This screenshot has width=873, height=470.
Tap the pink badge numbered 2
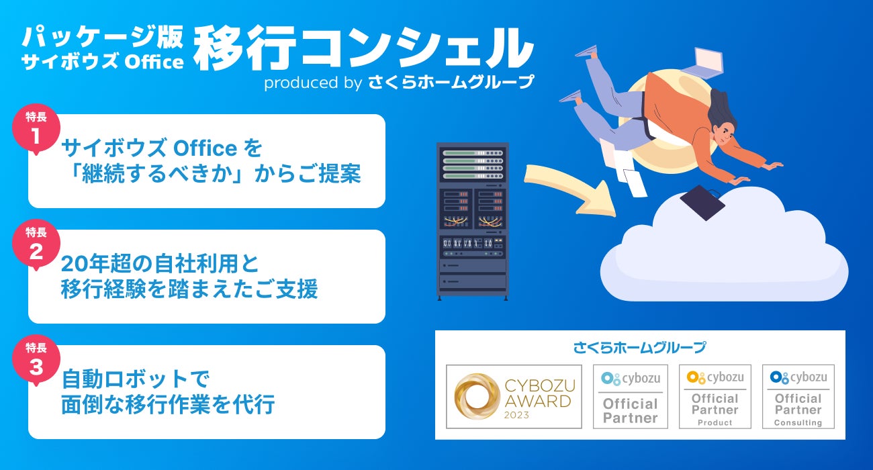point(36,244)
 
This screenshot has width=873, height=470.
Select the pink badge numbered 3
point(36,360)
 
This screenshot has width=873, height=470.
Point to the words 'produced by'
point(313,83)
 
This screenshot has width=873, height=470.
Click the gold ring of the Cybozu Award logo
point(477,396)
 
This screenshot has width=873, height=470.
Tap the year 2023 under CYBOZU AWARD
point(516,415)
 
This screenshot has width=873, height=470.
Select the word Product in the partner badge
point(715,422)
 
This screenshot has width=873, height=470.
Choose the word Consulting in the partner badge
point(798,422)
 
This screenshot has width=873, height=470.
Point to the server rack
point(472,221)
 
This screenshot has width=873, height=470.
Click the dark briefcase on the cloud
point(702,202)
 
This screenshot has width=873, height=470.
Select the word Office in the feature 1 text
point(205,148)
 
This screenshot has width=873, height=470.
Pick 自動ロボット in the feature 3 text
point(125,379)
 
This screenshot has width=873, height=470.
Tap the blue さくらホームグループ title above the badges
point(639,347)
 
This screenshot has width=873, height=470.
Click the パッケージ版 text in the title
point(102,37)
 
